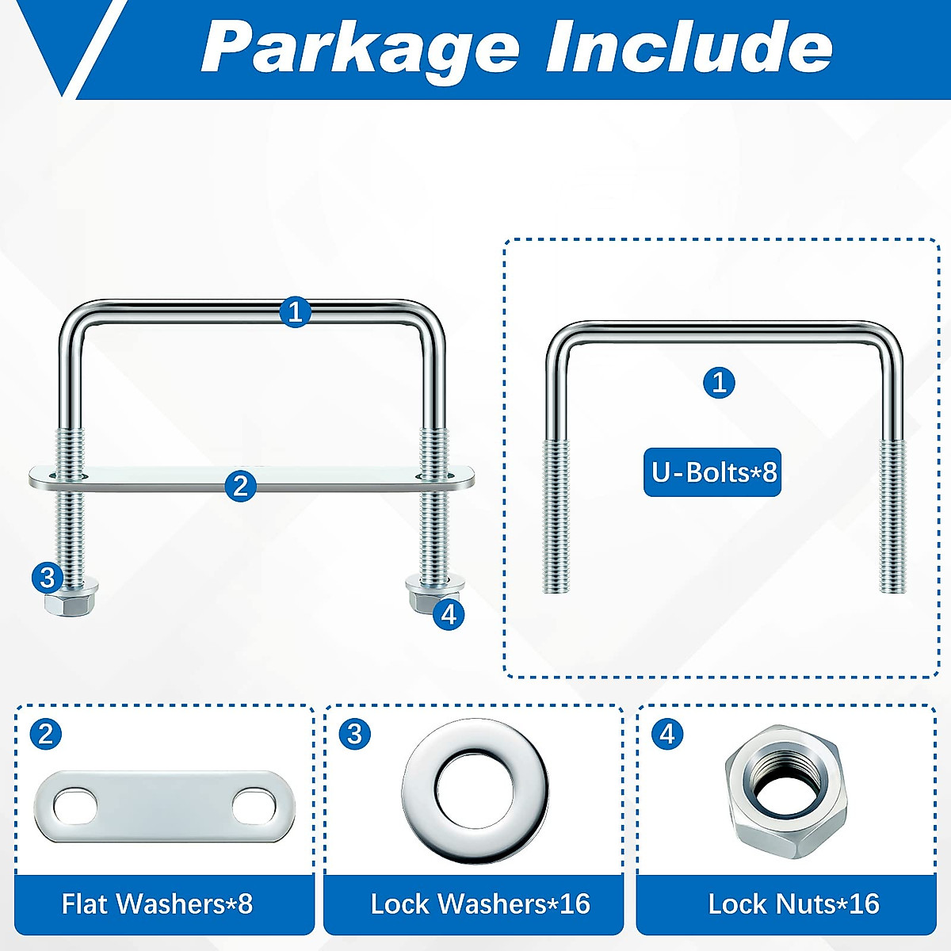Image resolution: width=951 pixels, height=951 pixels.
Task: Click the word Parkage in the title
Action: (361, 49)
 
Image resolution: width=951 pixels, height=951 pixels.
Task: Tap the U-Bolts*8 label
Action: (712, 472)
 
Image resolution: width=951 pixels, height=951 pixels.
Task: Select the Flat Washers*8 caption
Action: (157, 903)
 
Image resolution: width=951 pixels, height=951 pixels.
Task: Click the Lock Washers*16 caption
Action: (479, 903)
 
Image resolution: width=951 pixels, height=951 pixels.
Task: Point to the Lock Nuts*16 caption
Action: (793, 903)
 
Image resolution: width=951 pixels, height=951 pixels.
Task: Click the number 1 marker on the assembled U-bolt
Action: (296, 312)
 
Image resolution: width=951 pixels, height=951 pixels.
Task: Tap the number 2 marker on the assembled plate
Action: (241, 485)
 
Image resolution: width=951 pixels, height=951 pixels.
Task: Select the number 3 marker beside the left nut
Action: (48, 577)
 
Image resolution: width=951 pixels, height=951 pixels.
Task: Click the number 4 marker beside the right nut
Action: (449, 614)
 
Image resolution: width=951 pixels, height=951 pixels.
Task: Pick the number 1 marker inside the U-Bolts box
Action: (719, 384)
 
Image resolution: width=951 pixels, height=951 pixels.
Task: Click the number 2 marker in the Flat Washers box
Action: (46, 734)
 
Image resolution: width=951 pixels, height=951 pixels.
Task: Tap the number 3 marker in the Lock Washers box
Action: (355, 734)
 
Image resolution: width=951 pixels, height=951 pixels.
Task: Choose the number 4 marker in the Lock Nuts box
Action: (667, 734)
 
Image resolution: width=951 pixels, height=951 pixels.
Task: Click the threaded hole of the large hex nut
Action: (780, 785)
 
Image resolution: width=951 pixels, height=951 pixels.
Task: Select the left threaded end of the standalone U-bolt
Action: (556, 515)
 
